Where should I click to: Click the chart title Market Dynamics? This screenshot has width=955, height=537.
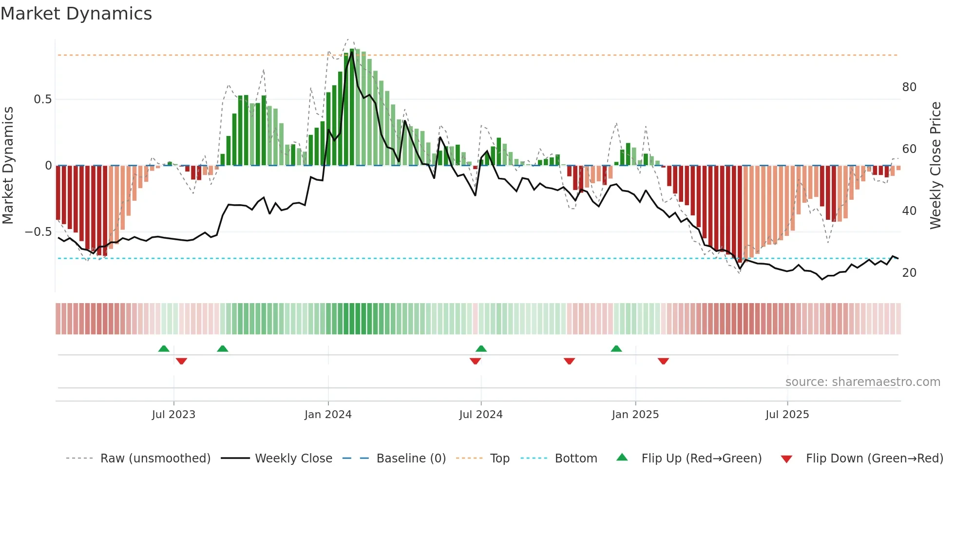(76, 14)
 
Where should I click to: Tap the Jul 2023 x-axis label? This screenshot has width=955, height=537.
(173, 415)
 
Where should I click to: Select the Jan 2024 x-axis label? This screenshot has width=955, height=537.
(328, 415)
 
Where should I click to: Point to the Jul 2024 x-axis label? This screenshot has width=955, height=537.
(480, 415)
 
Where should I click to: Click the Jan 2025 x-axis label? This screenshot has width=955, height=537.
(635, 415)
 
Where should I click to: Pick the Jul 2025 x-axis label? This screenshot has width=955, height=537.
(787, 415)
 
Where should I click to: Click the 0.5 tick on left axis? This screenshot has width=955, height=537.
(42, 99)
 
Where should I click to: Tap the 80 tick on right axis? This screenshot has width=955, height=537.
(909, 87)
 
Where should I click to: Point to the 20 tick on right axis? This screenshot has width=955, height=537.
(909, 273)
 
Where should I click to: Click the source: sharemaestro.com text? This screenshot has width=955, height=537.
(862, 382)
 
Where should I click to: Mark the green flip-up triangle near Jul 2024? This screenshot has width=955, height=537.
(481, 348)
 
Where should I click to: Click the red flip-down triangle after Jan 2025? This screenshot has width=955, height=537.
(663, 361)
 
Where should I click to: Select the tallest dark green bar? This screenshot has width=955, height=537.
(352, 107)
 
